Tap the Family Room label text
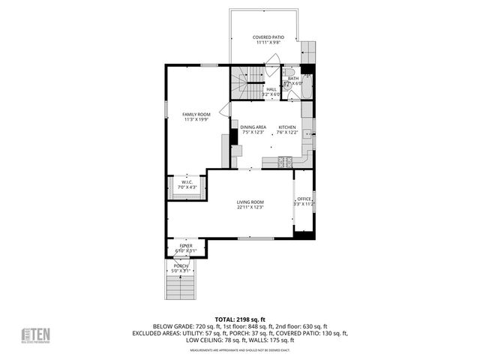195,114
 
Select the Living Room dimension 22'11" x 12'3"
250,207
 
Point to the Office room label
304,199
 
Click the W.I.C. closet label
187,181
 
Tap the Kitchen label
288,127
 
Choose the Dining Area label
253,127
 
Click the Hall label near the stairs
271,89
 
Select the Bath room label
292,78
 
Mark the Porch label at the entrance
181,265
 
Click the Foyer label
184,245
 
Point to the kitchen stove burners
286,160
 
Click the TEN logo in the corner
35,335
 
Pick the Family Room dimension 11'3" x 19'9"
195,119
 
